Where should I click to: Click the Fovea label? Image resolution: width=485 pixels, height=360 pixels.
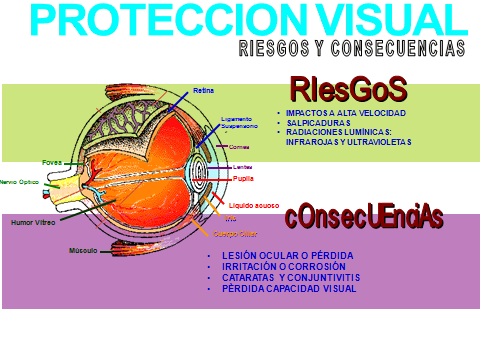tap(52, 161)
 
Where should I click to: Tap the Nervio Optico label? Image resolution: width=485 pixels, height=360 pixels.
tap(21, 182)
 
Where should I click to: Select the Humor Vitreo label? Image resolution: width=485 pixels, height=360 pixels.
tap(32, 222)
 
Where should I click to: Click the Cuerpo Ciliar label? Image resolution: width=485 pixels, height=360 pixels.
tap(235, 234)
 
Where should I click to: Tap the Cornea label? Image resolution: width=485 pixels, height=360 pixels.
tap(239, 147)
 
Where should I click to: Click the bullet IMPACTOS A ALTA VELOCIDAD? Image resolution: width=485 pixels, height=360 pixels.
tap(344, 113)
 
